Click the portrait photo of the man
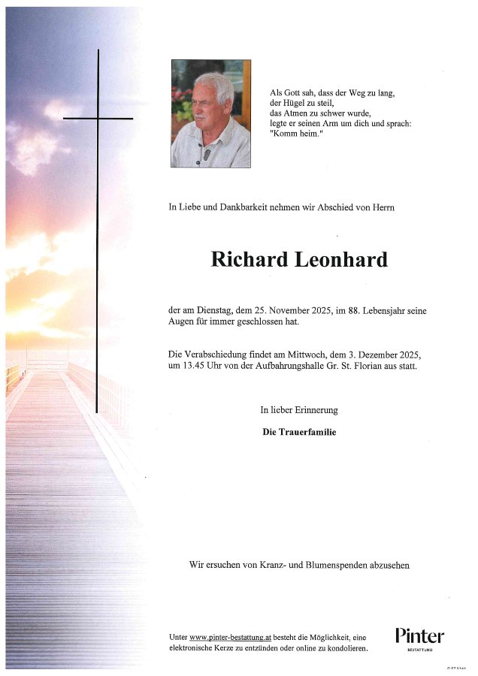click(x=210, y=113)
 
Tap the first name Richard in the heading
click(x=249, y=260)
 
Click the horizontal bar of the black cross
click(x=98, y=118)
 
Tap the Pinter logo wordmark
click(x=419, y=636)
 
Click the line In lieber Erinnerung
click(x=299, y=410)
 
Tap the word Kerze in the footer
click(x=236, y=648)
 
